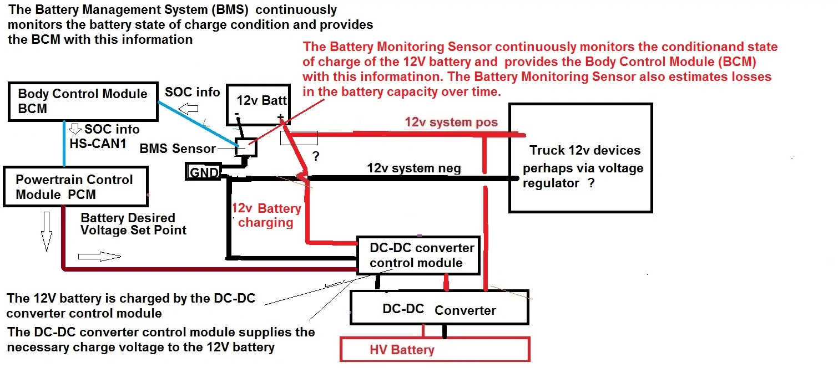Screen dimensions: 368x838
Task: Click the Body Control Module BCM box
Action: pos(82,101)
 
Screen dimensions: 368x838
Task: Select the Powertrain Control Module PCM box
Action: pos(75,187)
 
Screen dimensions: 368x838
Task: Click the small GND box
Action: pos(204,172)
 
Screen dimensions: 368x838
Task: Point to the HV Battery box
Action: pos(435,350)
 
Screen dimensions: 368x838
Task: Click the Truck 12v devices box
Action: pos(580,158)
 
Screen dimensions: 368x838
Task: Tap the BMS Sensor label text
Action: pos(177,149)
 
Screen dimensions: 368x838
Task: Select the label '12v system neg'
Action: pos(413,168)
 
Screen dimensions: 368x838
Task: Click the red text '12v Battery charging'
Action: pos(266,216)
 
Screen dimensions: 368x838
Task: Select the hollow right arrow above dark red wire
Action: pos(99,256)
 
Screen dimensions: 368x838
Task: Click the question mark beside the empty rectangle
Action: pos(316,157)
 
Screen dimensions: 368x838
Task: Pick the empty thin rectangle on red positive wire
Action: pos(299,138)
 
